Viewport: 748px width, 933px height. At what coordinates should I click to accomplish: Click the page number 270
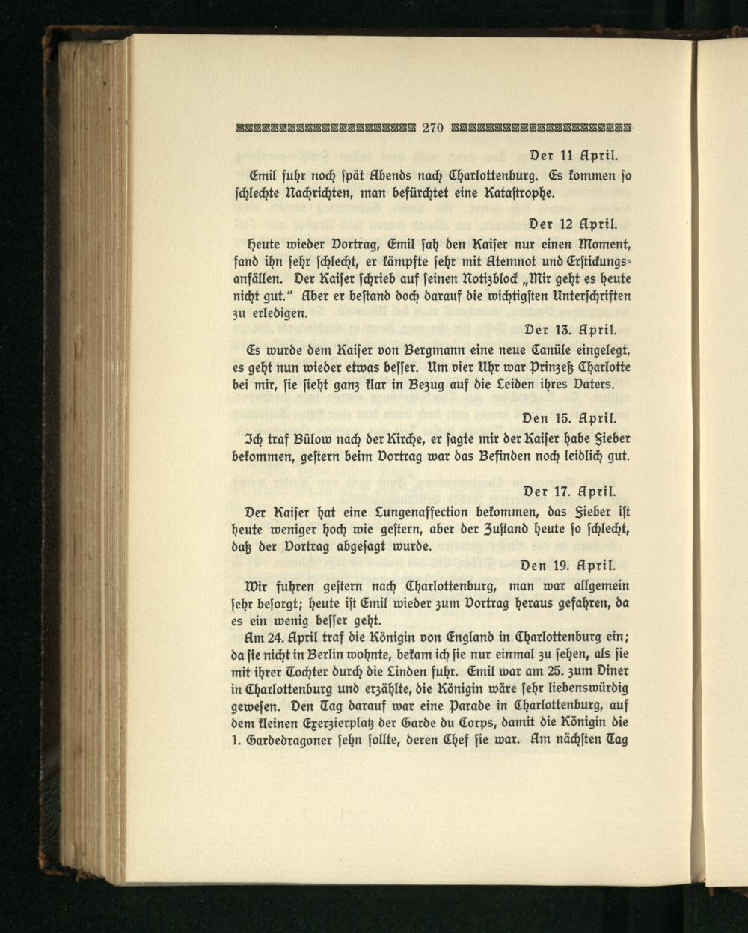(434, 127)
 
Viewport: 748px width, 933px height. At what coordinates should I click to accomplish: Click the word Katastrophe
(518, 192)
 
